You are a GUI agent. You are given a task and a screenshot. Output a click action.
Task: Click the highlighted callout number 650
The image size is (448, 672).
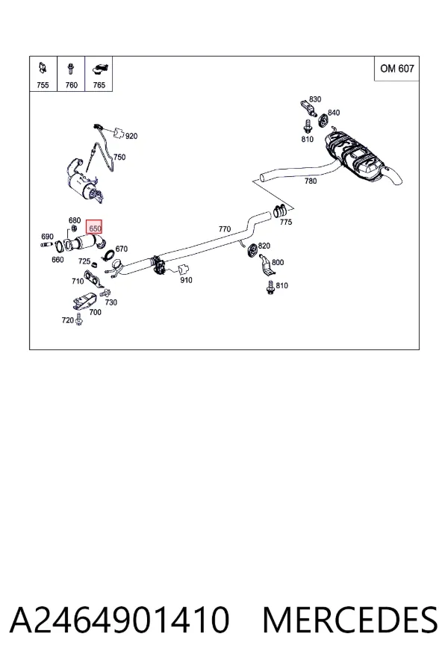click(x=94, y=228)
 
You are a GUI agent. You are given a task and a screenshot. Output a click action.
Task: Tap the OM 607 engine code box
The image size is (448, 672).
click(x=396, y=69)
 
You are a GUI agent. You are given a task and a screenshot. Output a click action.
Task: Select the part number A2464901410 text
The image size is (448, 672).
click(x=119, y=620)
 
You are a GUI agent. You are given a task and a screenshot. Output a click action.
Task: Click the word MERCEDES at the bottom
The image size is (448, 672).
click(x=350, y=620)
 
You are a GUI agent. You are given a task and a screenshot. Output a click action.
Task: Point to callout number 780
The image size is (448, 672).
click(x=311, y=181)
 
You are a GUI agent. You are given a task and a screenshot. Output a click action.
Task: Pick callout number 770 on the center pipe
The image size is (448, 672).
click(x=225, y=229)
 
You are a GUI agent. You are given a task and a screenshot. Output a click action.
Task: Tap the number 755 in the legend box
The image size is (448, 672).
click(x=43, y=85)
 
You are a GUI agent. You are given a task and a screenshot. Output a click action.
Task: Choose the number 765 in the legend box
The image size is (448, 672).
click(x=99, y=85)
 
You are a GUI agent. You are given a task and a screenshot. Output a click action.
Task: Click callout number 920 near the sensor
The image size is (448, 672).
click(x=131, y=136)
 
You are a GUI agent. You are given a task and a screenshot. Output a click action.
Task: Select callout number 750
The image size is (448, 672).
click(x=119, y=157)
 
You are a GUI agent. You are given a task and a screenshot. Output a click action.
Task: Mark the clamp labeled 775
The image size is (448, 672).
click(x=280, y=211)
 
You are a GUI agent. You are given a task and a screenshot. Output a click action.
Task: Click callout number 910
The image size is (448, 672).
click(x=186, y=280)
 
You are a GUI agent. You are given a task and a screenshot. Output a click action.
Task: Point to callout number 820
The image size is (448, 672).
click(x=264, y=246)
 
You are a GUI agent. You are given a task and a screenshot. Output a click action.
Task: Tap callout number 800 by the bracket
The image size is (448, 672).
click(x=278, y=262)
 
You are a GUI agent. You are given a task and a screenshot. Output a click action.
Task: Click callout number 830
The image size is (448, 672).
click(x=315, y=99)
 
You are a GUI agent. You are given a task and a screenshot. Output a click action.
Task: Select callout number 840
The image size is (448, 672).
click(x=334, y=112)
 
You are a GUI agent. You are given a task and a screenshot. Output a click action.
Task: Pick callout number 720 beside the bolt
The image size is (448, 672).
click(x=67, y=320)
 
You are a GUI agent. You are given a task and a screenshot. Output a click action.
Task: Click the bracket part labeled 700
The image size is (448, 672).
click(x=84, y=301)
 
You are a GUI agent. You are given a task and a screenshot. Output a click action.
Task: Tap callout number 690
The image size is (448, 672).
click(x=47, y=236)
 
